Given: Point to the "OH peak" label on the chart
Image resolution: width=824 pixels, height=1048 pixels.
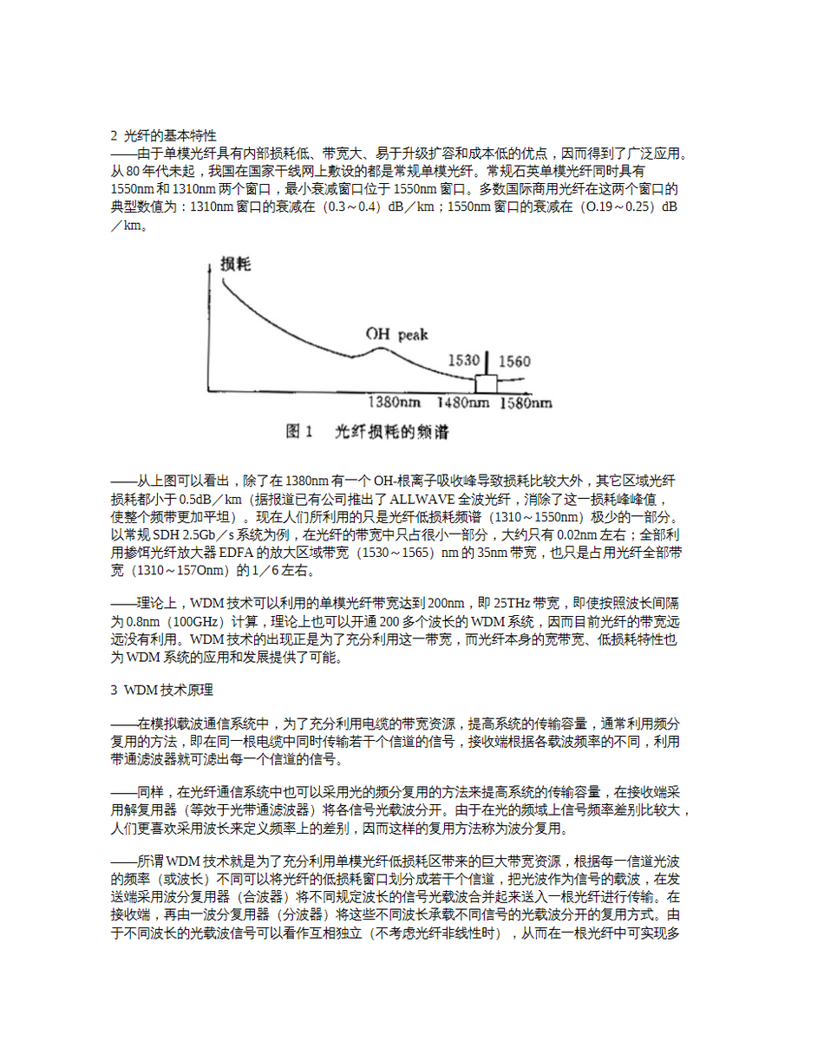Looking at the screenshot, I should coord(397,334).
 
